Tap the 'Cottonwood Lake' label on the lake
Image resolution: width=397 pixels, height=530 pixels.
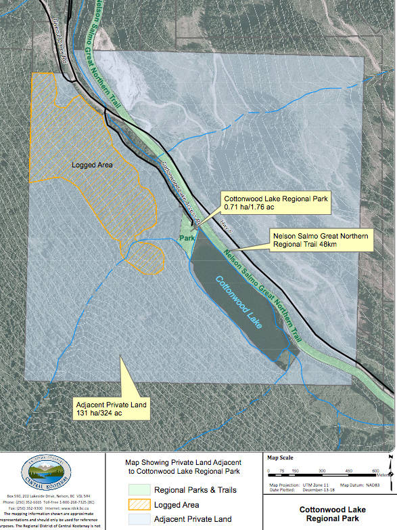(241, 299)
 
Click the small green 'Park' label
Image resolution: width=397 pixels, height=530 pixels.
(187, 239)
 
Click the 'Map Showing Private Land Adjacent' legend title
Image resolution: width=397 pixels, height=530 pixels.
(183, 462)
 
